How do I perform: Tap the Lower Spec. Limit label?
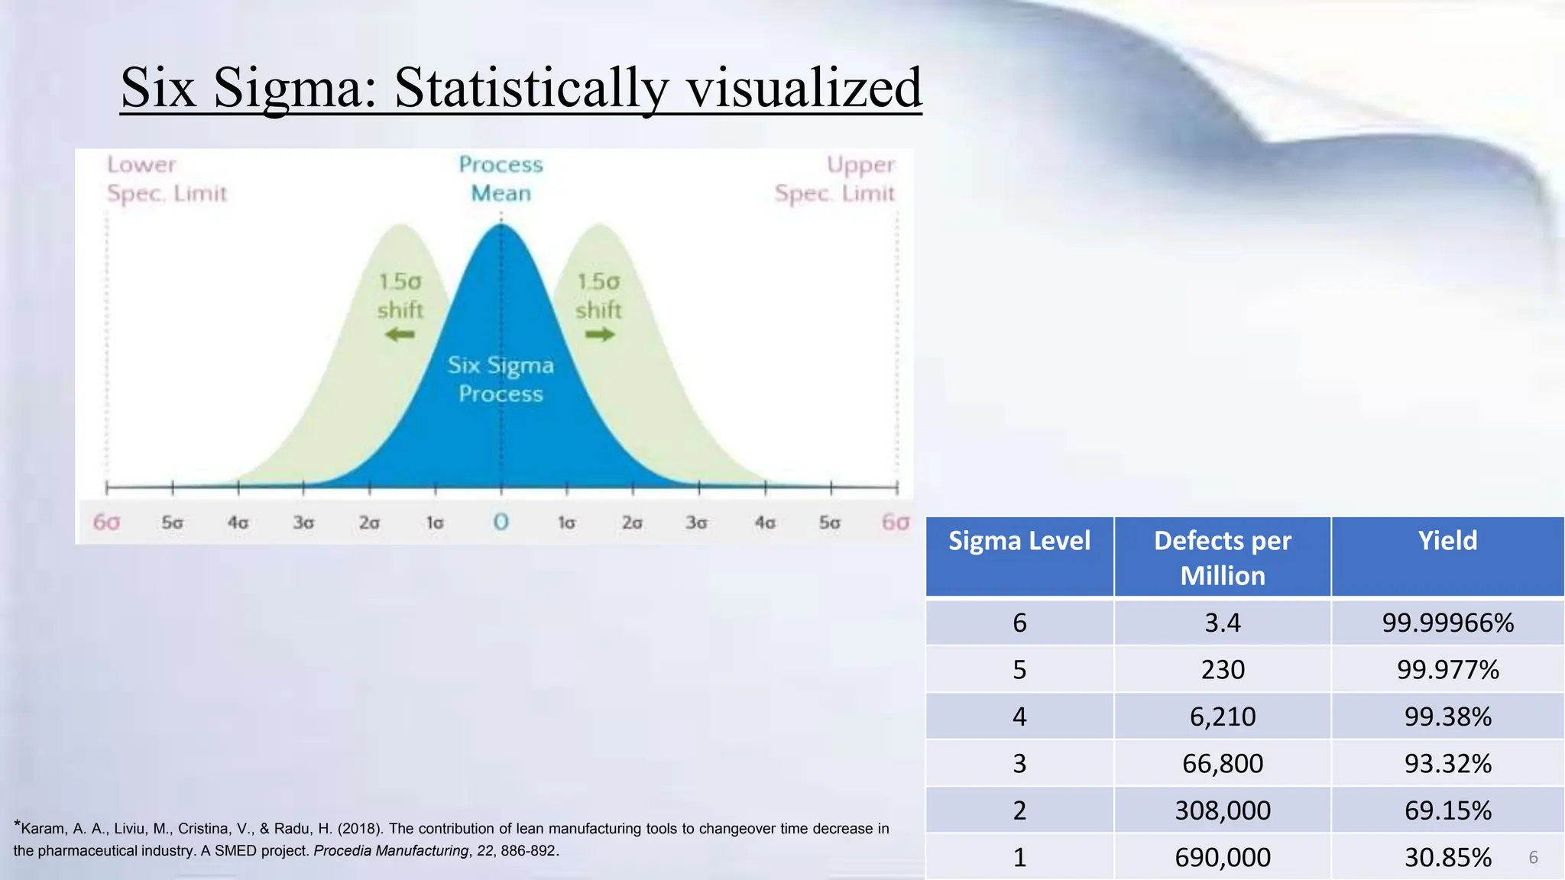pyautogui.click(x=167, y=179)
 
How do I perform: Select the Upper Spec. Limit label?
pyautogui.click(x=834, y=179)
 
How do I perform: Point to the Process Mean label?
pyautogui.click(x=501, y=179)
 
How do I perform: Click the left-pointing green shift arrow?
pyautogui.click(x=399, y=335)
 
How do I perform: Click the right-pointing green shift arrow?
pyautogui.click(x=600, y=335)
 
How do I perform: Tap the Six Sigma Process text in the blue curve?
pyautogui.click(x=501, y=380)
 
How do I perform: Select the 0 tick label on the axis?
pyautogui.click(x=501, y=522)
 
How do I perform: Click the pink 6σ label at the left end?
pyautogui.click(x=106, y=522)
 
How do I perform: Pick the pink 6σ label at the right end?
pyautogui.click(x=896, y=522)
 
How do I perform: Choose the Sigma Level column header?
pyautogui.click(x=1019, y=541)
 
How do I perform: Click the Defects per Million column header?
pyautogui.click(x=1222, y=558)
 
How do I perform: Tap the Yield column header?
pyautogui.click(x=1447, y=541)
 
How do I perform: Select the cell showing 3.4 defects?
pyautogui.click(x=1222, y=623)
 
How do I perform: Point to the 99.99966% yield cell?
pyautogui.click(x=1447, y=623)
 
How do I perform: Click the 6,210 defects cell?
pyautogui.click(x=1222, y=717)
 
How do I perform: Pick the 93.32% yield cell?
pyautogui.click(x=1447, y=763)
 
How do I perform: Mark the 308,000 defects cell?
pyautogui.click(x=1222, y=810)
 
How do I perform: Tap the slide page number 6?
pyautogui.click(x=1533, y=858)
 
